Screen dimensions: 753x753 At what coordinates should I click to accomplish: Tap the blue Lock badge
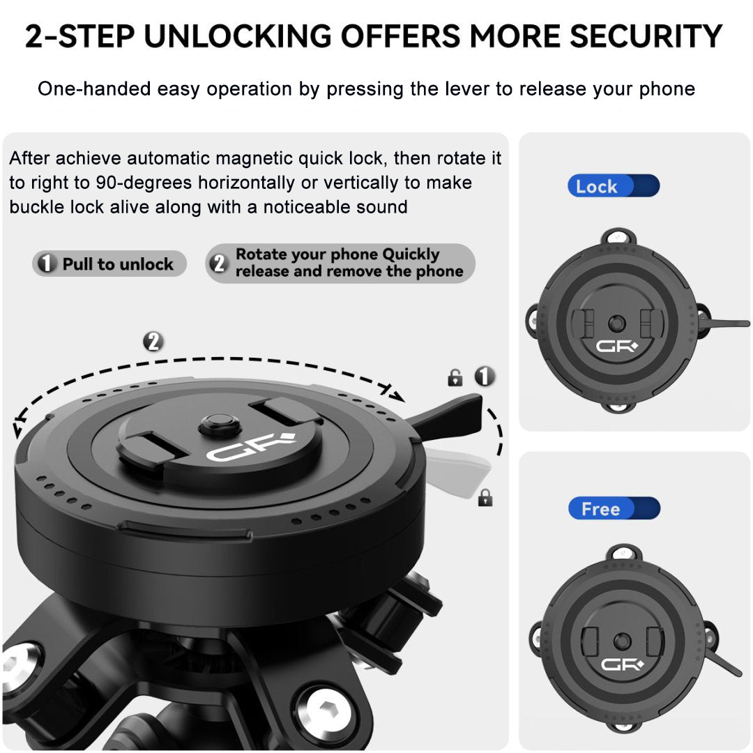(x=613, y=186)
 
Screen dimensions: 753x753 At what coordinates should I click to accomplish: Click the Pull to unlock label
(x=109, y=264)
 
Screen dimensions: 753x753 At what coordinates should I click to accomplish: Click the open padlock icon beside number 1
(x=455, y=379)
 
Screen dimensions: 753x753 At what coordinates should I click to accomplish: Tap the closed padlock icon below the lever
(x=485, y=497)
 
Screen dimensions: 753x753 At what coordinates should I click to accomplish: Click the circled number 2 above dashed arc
(x=153, y=342)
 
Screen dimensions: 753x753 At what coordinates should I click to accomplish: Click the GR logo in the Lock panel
(x=615, y=345)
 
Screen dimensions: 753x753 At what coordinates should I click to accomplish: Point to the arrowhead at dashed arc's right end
(x=397, y=395)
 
